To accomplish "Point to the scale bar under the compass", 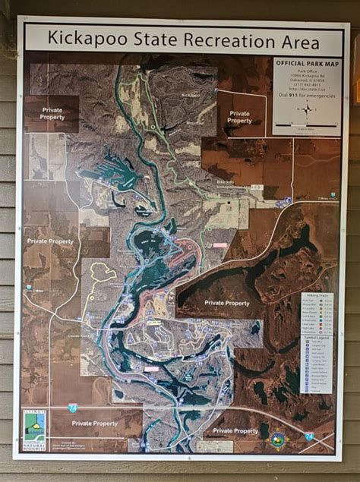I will [307, 126].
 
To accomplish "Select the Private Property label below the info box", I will [238, 117].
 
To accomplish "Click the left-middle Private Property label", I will [50, 241].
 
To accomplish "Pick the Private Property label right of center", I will [226, 303].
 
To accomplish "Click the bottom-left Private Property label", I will [94, 423].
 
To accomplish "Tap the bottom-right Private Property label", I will [235, 430].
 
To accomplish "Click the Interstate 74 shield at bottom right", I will [309, 436].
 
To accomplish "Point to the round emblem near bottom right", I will [278, 439].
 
